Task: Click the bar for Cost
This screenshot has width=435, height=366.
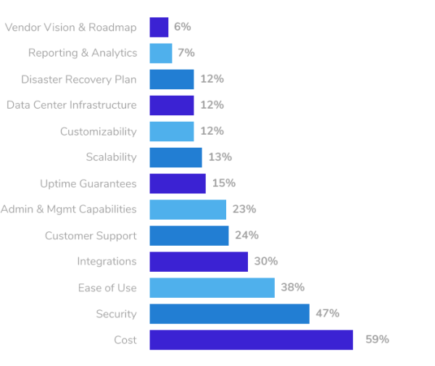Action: pyautogui.click(x=251, y=340)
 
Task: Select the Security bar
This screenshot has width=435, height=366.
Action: pyautogui.click(x=229, y=314)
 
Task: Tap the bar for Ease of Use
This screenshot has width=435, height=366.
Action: pyautogui.click(x=212, y=288)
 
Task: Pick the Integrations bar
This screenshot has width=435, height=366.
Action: pyautogui.click(x=199, y=262)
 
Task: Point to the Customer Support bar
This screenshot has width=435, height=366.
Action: pyautogui.click(x=189, y=236)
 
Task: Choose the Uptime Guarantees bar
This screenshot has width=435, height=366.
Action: pyautogui.click(x=178, y=183)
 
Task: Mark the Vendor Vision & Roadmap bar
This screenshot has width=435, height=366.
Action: pyautogui.click(x=159, y=27)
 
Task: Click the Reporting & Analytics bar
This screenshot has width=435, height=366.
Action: pyautogui.click(x=161, y=53)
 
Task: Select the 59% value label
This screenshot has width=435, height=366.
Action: pyautogui.click(x=377, y=339)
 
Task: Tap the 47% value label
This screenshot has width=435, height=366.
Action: pyautogui.click(x=328, y=313)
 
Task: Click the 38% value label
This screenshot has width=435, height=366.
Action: pyautogui.click(x=292, y=287)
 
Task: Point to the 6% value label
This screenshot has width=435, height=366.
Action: pyautogui.click(x=182, y=27)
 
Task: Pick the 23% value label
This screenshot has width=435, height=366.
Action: pyautogui.click(x=244, y=209)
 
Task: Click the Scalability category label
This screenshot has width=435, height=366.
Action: pyautogui.click(x=111, y=157)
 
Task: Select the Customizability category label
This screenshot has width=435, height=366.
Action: pyautogui.click(x=98, y=131)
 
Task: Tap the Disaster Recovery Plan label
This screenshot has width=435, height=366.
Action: pyautogui.click(x=78, y=79)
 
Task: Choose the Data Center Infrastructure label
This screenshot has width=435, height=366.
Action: pyautogui.click(x=71, y=105)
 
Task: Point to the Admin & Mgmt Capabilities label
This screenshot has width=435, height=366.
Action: pyautogui.click(x=68, y=209)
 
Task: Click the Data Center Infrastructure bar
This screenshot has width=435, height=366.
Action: pyautogui.click(x=172, y=105)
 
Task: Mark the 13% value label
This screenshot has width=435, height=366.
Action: pyautogui.click(x=220, y=157)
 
